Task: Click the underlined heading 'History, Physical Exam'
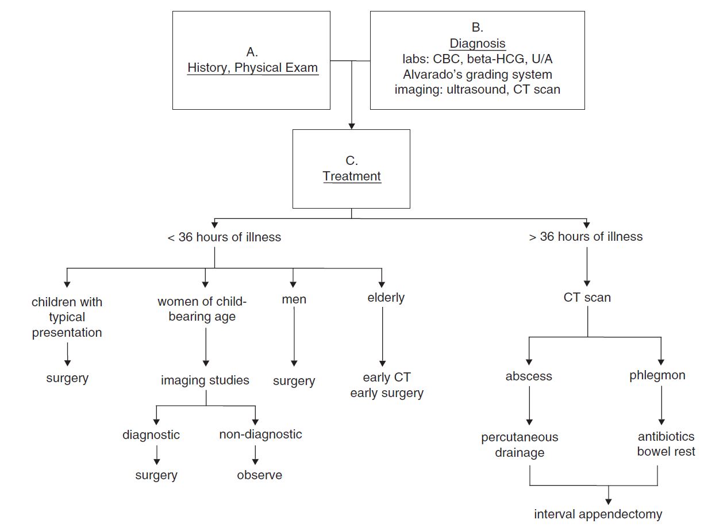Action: [x=252, y=68]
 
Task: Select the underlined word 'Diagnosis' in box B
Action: [x=477, y=44]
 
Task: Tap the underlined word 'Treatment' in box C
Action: [x=352, y=176]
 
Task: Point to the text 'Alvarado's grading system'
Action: [x=477, y=74]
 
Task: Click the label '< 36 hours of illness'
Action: [x=224, y=237]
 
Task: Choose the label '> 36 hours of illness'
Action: [x=586, y=237]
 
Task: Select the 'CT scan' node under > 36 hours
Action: [x=587, y=298]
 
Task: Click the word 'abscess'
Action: [x=529, y=376]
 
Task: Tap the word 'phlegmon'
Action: [x=657, y=376]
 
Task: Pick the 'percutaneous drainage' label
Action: [x=520, y=445]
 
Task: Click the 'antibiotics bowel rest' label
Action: [x=665, y=444]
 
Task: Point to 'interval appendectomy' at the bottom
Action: [x=598, y=514]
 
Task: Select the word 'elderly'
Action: [x=386, y=298]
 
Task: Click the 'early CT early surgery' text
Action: [x=387, y=386]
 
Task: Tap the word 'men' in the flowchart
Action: [x=294, y=299]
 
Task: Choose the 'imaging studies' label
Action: [x=205, y=380]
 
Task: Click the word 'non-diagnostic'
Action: [x=260, y=434]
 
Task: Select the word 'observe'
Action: [x=260, y=475]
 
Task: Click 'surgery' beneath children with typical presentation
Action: [x=67, y=378]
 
